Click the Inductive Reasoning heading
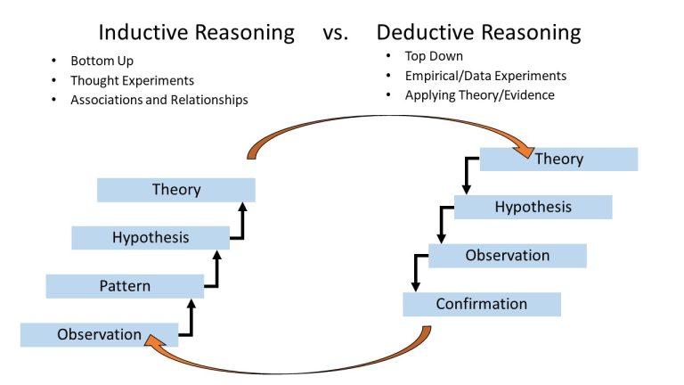pos(196,33)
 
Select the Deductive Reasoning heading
pos(478,33)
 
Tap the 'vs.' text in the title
pos(337,34)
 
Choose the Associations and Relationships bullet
pos(159,100)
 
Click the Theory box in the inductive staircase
pos(176,190)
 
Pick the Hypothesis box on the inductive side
pos(151,238)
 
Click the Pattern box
pos(125,286)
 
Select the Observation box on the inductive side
pos(99,335)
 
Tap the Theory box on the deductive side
pos(558,160)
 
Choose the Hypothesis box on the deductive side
pos(533,208)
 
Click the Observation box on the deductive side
pos(508,256)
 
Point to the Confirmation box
pos(481,304)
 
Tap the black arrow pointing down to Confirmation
pos(415,273)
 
